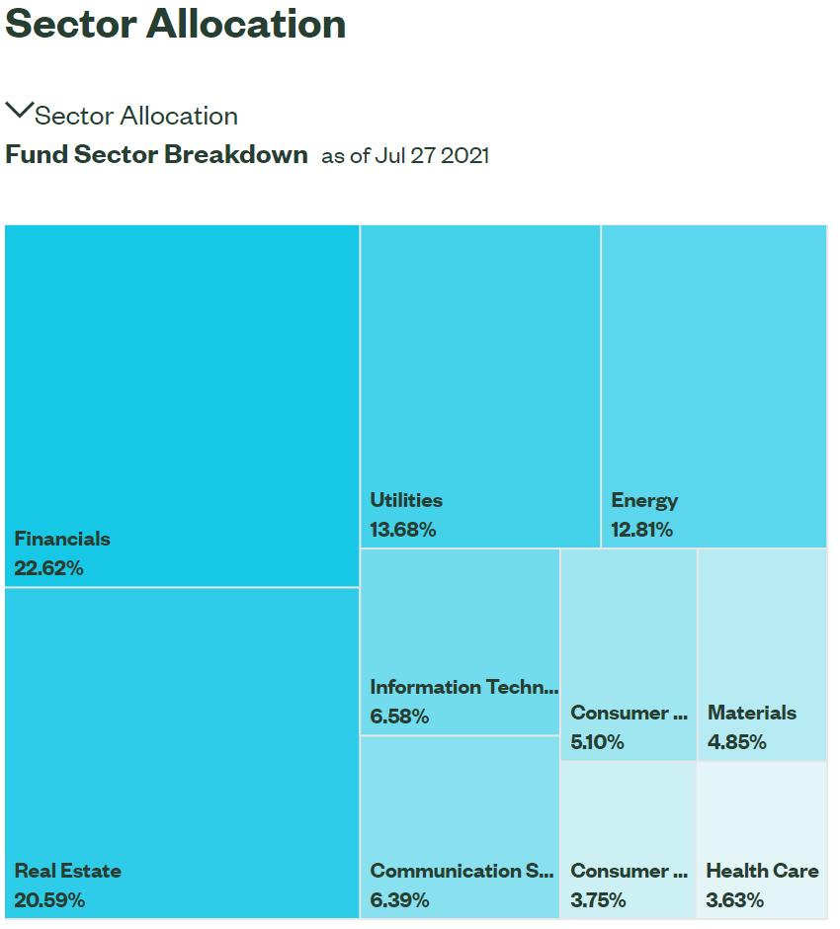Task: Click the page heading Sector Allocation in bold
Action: (x=176, y=24)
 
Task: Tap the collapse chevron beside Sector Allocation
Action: (x=19, y=110)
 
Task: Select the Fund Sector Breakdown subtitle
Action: (x=156, y=155)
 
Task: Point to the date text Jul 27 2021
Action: (x=431, y=156)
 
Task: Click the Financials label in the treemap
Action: (x=62, y=539)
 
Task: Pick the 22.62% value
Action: (x=49, y=568)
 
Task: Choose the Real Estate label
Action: (x=68, y=871)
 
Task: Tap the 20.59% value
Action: (x=49, y=900)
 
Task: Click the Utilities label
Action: (x=406, y=500)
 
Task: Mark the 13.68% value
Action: (x=403, y=530)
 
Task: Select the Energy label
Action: (x=644, y=500)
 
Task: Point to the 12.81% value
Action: (x=641, y=530)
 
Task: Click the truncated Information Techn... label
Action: (x=463, y=687)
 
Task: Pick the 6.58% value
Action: (x=399, y=717)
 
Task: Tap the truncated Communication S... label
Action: (x=462, y=871)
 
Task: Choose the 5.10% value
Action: (x=597, y=742)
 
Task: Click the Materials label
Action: (x=752, y=713)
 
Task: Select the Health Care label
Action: (x=762, y=871)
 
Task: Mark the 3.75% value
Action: (x=598, y=900)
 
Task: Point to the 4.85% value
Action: (x=736, y=742)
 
